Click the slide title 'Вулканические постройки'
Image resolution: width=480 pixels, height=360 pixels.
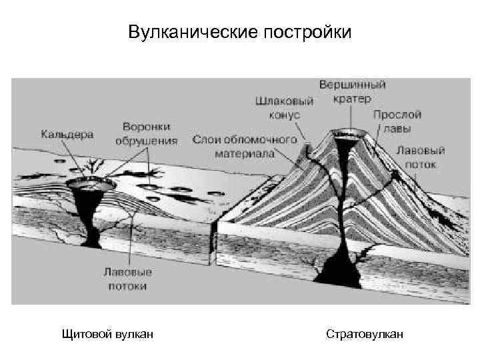tap(239, 32)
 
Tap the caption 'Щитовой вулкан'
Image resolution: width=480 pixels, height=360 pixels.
tap(107, 333)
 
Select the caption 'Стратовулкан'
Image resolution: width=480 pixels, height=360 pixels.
tap(365, 333)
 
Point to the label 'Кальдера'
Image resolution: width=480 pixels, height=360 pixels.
tap(67, 133)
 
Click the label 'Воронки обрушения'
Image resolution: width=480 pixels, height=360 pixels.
tap(146, 133)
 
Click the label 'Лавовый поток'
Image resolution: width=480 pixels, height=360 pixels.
tap(421, 156)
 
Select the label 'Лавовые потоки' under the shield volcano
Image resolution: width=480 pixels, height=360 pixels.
tap(127, 279)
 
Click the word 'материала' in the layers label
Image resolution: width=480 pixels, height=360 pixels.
tap(244, 153)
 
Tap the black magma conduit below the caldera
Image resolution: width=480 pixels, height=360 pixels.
tap(89, 213)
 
